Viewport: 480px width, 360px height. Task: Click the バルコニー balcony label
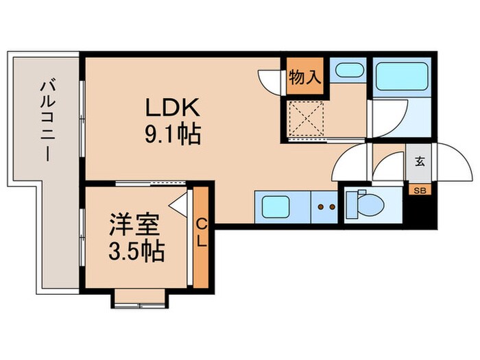(x=46, y=122)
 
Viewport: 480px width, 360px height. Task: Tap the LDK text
(x=171, y=108)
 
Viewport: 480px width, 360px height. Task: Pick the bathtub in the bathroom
(x=401, y=75)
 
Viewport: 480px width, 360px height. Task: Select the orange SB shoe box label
(x=418, y=189)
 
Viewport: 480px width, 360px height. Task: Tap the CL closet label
(x=202, y=235)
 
